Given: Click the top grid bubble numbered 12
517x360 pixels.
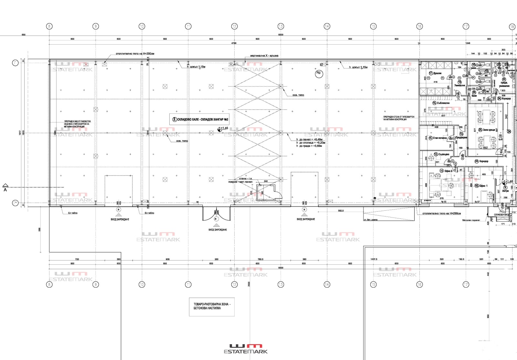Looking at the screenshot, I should pos(234,26).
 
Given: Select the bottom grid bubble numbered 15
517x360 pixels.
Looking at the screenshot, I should pos(373,284).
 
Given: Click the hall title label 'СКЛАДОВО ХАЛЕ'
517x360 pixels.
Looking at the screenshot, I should pos(200,119).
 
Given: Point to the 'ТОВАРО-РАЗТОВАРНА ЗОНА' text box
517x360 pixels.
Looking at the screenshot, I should pos(211,306).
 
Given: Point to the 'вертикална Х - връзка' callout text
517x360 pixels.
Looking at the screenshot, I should pos(264,56).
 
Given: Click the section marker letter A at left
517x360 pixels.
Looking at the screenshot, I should pos(5,190).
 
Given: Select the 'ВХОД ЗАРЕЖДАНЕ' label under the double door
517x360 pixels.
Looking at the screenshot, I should pos(218,230).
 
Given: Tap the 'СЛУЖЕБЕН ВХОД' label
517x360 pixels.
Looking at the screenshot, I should pos(502,215).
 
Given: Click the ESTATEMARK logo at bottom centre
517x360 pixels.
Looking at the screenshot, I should pos(246,349).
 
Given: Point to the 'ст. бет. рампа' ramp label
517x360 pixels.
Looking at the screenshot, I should pos(371,220).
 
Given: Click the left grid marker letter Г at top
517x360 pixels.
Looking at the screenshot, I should pos(15,63).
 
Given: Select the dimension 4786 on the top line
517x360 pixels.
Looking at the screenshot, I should pos(234,43).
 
